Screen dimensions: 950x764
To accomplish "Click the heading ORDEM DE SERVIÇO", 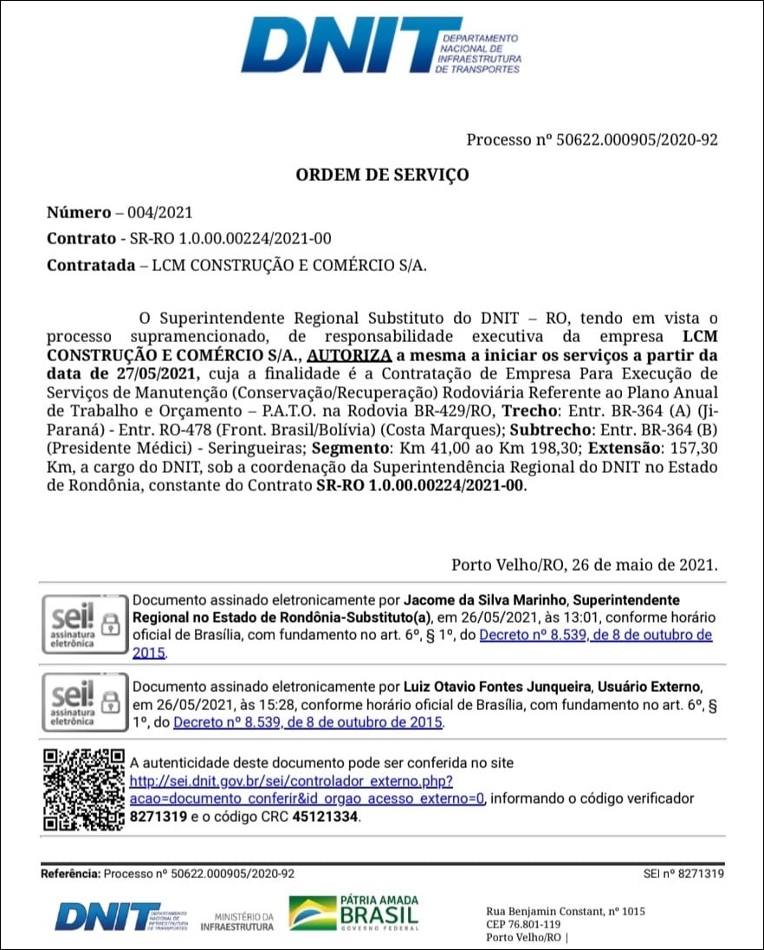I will click(x=382, y=175).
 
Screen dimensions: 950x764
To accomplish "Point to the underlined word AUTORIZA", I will click(x=349, y=355).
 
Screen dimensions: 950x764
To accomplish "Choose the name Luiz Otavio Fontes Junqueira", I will click(x=495, y=687).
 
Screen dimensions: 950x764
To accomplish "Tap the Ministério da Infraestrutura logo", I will click(x=236, y=921).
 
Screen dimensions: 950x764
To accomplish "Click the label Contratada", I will click(x=90, y=265).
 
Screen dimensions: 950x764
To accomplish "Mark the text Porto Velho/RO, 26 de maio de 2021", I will click(x=584, y=565).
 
